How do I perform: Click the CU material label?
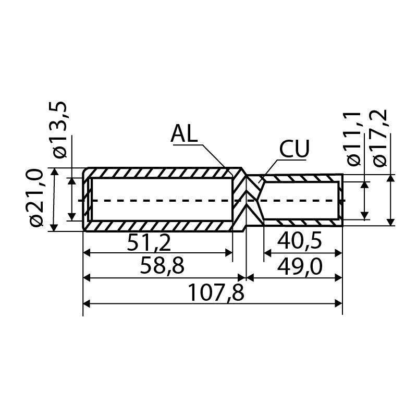[x=295, y=149]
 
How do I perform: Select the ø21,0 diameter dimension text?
[x=36, y=198]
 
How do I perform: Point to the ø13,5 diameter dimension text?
[x=60, y=129]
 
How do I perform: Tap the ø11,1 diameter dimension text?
[x=354, y=139]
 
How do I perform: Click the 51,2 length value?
[x=149, y=243]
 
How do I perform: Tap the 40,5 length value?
[x=300, y=241]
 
